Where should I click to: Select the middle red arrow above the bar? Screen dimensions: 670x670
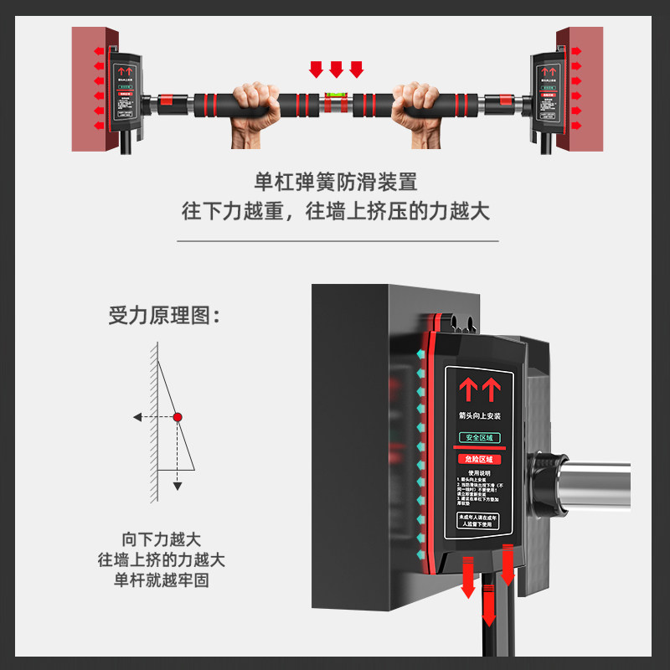point(336,68)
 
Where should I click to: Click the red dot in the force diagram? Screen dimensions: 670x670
point(178,416)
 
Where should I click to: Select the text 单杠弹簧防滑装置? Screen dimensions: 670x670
point(335,182)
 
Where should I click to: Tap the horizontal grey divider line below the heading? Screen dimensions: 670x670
point(335,241)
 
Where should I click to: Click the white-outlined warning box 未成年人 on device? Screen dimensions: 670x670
point(478,521)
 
